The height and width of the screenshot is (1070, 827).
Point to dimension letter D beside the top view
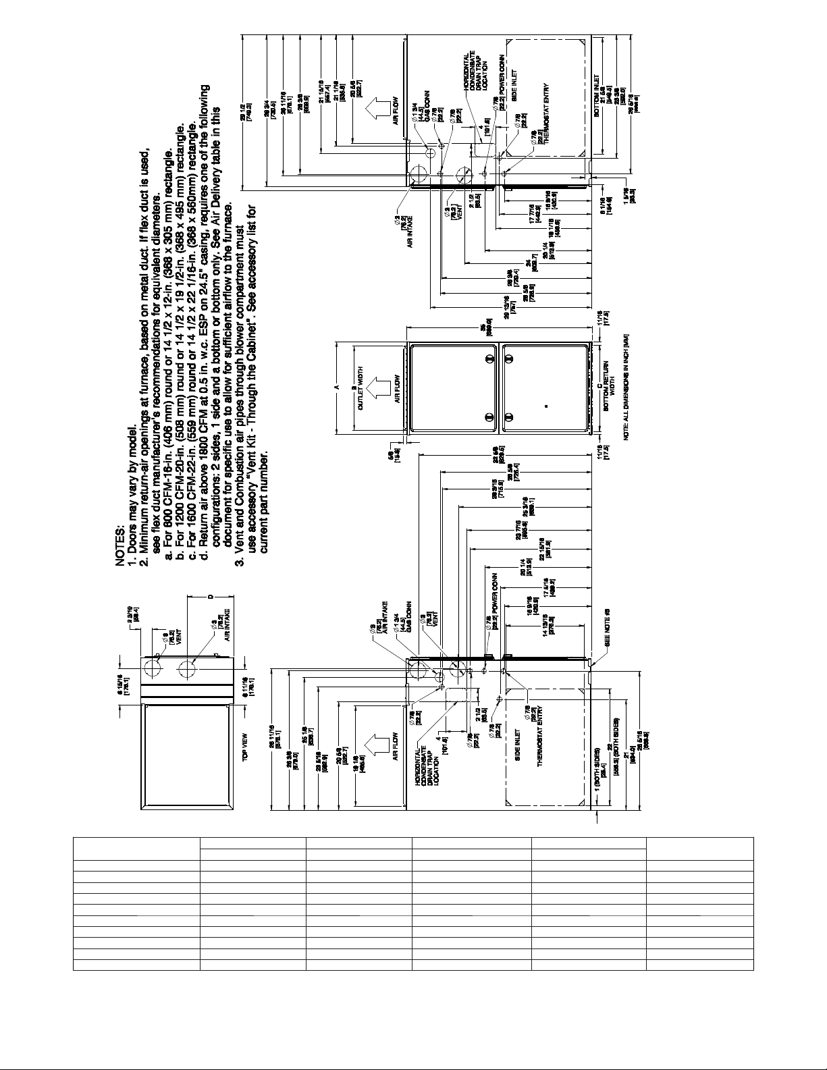(210, 597)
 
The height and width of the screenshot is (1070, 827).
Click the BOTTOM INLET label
(597, 96)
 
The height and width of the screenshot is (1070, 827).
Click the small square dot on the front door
(547, 406)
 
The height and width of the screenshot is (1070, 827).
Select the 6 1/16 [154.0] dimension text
(604, 205)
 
